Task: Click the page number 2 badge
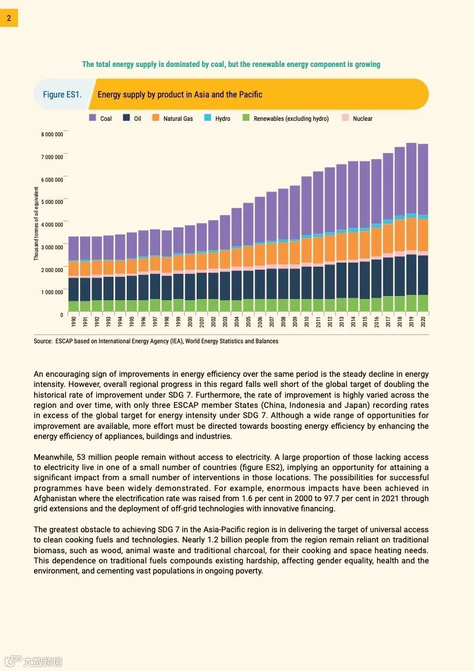(x=9, y=18)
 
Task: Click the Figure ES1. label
(x=62, y=94)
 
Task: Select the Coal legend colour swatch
(x=93, y=118)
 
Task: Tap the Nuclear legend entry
(x=362, y=118)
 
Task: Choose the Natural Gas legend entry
(x=178, y=118)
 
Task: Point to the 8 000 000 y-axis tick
(x=52, y=135)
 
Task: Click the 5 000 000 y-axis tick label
(x=52, y=202)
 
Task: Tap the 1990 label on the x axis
(x=74, y=322)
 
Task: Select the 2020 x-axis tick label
(x=423, y=322)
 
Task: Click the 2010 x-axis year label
(x=307, y=322)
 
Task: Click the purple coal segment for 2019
(x=411, y=178)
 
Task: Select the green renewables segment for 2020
(x=423, y=303)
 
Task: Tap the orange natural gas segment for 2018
(x=400, y=236)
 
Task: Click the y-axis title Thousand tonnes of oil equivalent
(x=36, y=224)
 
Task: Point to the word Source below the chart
(x=42, y=341)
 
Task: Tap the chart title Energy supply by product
(x=179, y=94)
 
